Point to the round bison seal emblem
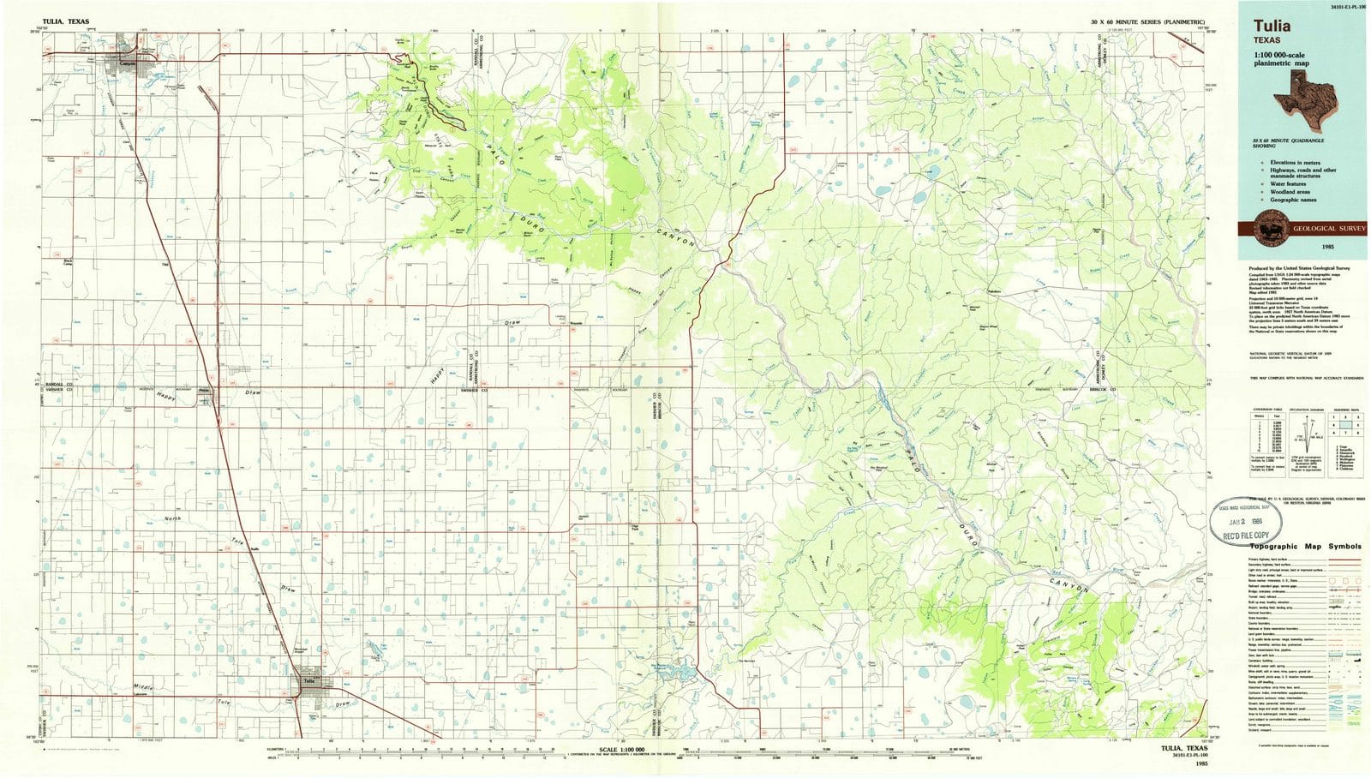(1264, 229)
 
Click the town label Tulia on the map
(308, 682)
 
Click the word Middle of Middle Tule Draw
(147, 688)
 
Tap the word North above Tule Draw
(173, 519)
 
